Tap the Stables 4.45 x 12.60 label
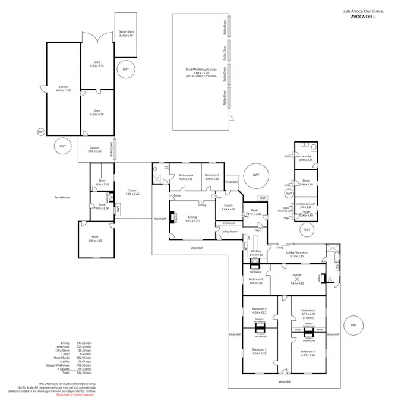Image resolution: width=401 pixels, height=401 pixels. tap(64, 89)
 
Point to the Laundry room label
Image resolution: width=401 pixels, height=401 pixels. tap(305, 158)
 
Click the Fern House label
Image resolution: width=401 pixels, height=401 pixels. tap(62, 197)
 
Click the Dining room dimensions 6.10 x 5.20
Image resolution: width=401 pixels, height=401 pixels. tap(193, 220)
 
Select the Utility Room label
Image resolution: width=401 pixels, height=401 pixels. tap(230, 231)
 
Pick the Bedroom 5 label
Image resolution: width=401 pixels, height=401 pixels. tap(255, 280)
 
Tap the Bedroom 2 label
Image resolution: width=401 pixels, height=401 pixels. tap(259, 351)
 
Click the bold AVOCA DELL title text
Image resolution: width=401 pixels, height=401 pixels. tap(363, 17)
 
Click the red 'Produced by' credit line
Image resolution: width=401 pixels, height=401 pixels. tap(75, 394)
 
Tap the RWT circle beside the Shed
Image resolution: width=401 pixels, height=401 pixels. tap(126, 70)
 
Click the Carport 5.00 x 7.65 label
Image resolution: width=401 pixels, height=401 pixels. tap(132, 192)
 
